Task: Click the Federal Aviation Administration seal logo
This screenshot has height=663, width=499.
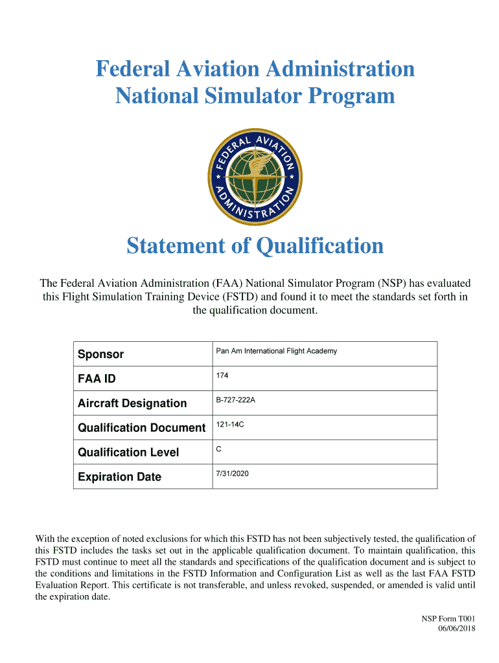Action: pyautogui.click(x=255, y=177)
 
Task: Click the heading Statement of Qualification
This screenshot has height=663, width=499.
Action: pyautogui.click(x=255, y=246)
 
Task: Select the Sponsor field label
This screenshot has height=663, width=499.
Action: pyautogui.click(x=100, y=354)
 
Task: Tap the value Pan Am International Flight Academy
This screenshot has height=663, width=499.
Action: pyautogui.click(x=276, y=351)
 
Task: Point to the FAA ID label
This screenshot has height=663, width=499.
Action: pyautogui.click(x=97, y=379)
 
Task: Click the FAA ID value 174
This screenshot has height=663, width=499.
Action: pyautogui.click(x=222, y=376)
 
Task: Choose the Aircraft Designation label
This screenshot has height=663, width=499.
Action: pyautogui.click(x=132, y=403)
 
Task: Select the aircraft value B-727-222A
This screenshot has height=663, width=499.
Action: pyautogui.click(x=235, y=400)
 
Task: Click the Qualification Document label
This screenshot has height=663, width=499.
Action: pyautogui.click(x=141, y=428)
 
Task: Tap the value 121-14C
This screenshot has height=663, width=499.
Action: pyautogui.click(x=230, y=425)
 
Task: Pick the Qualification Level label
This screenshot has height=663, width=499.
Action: pyautogui.click(x=128, y=453)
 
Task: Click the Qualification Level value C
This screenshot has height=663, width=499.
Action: pyautogui.click(x=219, y=449)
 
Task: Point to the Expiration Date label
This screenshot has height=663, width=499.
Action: pyautogui.click(x=119, y=477)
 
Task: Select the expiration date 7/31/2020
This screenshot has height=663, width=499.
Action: pyautogui.click(x=232, y=474)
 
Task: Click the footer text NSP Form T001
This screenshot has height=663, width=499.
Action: pyautogui.click(x=448, y=619)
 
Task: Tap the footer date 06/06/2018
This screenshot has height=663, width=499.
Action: pyautogui.click(x=458, y=628)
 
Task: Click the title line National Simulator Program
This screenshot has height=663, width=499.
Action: pyautogui.click(x=255, y=96)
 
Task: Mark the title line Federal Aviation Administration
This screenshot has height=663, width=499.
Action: pyautogui.click(x=255, y=68)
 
